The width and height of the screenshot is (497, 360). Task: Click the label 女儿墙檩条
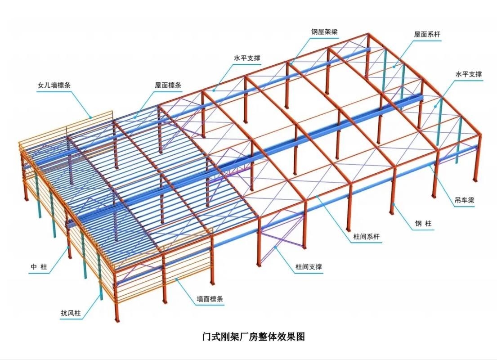[54, 85]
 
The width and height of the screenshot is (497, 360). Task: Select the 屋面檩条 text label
[168, 85]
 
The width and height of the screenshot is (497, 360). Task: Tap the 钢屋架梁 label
[324, 31]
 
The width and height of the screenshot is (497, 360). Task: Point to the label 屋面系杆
[427, 34]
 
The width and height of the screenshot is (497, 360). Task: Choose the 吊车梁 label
[464, 200]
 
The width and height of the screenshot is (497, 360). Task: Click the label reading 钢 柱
[424, 223]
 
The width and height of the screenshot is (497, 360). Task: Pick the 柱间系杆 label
[367, 237]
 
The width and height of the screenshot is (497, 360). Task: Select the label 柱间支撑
[309, 267]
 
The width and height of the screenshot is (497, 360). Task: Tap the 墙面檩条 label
[210, 299]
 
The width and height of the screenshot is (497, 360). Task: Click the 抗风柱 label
[71, 313]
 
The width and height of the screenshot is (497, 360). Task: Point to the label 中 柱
[39, 267]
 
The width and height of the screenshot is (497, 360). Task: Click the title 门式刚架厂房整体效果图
[254, 336]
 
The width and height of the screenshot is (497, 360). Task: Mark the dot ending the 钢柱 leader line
[394, 204]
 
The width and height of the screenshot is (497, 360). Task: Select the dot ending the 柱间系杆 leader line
[317, 197]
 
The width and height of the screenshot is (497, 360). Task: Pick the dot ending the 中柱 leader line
[67, 247]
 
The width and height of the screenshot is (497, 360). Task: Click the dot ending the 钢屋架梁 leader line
[291, 63]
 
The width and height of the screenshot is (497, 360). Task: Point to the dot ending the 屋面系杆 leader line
[394, 67]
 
